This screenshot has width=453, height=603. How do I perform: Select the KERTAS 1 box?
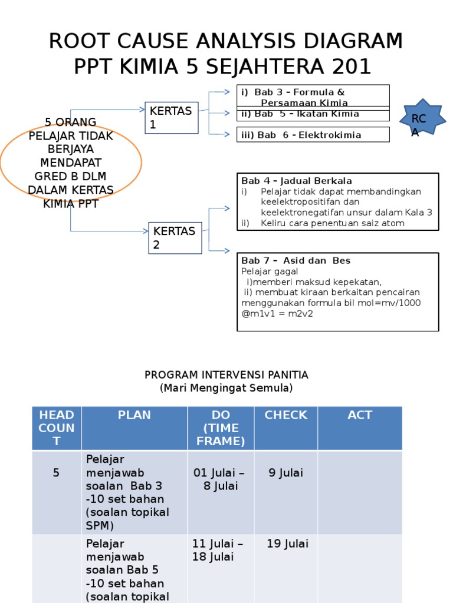click(x=172, y=118)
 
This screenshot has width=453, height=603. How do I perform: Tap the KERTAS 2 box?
click(x=175, y=238)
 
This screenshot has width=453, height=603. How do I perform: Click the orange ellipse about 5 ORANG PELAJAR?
click(x=71, y=163)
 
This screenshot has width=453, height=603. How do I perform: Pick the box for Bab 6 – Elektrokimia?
click(x=313, y=135)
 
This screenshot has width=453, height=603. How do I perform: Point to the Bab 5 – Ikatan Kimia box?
click(x=313, y=114)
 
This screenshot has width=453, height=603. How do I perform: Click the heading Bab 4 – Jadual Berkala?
click(x=297, y=181)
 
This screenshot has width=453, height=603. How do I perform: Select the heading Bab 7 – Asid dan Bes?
click(x=296, y=260)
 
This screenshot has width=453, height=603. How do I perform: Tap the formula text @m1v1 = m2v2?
click(x=277, y=313)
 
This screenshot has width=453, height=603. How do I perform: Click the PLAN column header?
click(x=134, y=415)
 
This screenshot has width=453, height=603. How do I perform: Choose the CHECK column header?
click(x=285, y=415)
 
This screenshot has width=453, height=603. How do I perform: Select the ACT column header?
click(x=360, y=415)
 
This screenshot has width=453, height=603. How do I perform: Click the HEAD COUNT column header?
click(x=57, y=428)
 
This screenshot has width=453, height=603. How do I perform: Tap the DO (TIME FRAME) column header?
click(x=221, y=428)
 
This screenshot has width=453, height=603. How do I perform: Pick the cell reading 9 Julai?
click(x=285, y=472)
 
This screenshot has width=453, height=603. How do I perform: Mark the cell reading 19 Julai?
click(x=287, y=544)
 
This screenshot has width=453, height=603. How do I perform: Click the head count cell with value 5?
click(x=57, y=472)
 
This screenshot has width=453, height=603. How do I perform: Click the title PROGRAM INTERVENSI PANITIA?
click(x=226, y=375)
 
